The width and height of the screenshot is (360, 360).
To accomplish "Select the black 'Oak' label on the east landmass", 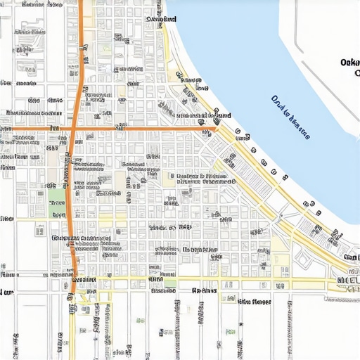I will tap(349, 63).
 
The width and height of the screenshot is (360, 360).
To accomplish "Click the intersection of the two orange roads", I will tap(73, 129).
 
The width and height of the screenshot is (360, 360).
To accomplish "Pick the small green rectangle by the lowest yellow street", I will tap(169, 283).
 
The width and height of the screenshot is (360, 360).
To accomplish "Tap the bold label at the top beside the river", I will tap(161, 20).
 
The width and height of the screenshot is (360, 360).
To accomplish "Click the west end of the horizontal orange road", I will tap(2, 129).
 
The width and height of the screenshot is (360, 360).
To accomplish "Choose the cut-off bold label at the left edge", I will tap(6, 291).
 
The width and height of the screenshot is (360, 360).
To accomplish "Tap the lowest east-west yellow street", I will tap(211, 279).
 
